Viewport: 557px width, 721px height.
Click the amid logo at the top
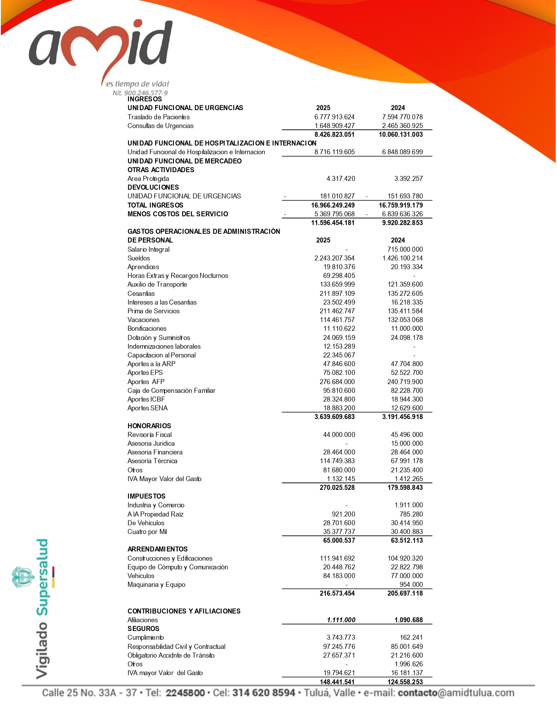(x=100, y=48)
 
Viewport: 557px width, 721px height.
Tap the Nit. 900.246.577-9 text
(x=140, y=93)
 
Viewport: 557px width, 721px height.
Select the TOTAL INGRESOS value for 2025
(x=333, y=205)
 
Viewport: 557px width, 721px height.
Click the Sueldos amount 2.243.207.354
(x=335, y=258)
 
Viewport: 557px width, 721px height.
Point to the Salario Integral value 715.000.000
(x=405, y=249)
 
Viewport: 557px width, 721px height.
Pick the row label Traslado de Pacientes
(x=159, y=117)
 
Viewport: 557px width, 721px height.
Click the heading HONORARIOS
(x=149, y=426)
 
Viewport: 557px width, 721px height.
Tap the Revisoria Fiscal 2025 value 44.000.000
(x=339, y=434)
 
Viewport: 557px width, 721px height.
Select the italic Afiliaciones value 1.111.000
(x=341, y=620)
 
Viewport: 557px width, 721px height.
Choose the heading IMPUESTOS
(x=146, y=496)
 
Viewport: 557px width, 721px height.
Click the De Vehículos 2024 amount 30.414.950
(x=407, y=523)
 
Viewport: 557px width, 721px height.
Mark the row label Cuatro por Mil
(x=147, y=531)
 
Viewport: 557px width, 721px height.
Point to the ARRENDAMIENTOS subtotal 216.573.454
(x=337, y=593)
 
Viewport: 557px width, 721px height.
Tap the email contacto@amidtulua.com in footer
(x=456, y=693)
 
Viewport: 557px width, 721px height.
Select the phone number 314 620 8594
(x=263, y=693)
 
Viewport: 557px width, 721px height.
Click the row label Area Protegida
(x=148, y=178)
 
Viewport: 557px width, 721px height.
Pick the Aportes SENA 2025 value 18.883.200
(x=339, y=408)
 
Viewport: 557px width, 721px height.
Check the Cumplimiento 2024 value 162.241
(x=411, y=637)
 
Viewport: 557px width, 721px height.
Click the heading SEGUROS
(x=143, y=628)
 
